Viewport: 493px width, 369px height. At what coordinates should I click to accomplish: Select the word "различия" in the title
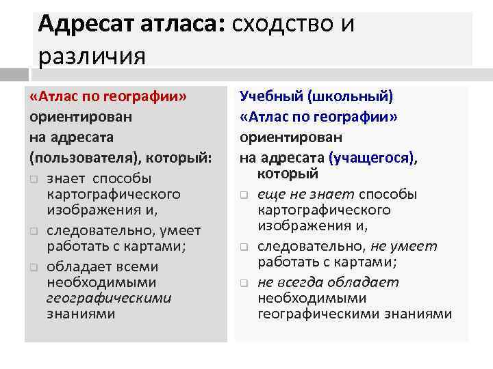point(92,55)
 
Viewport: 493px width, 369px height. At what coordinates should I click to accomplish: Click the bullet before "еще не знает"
point(244,195)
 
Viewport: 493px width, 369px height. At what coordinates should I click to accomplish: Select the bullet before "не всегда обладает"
point(244,283)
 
